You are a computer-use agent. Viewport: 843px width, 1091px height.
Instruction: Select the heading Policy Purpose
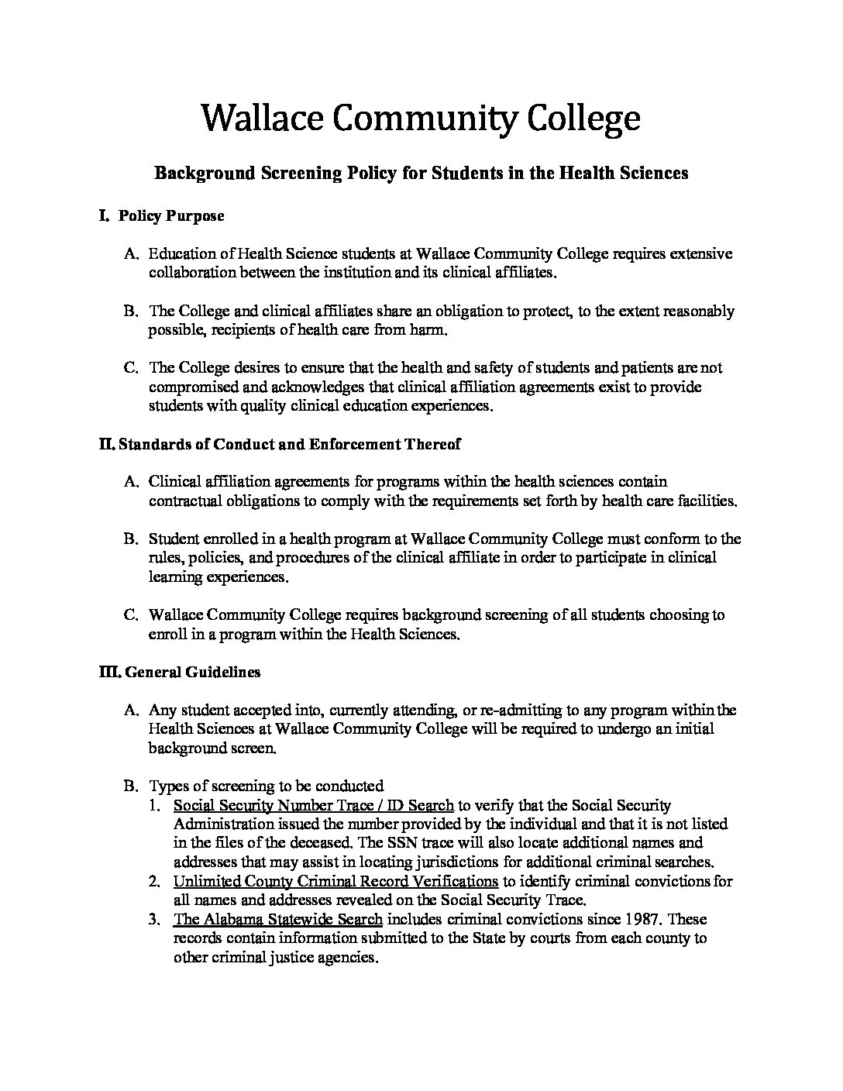point(170,216)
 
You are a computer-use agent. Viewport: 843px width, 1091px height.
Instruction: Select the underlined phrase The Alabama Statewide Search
point(277,919)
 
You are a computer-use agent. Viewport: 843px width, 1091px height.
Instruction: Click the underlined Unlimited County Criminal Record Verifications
point(335,881)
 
